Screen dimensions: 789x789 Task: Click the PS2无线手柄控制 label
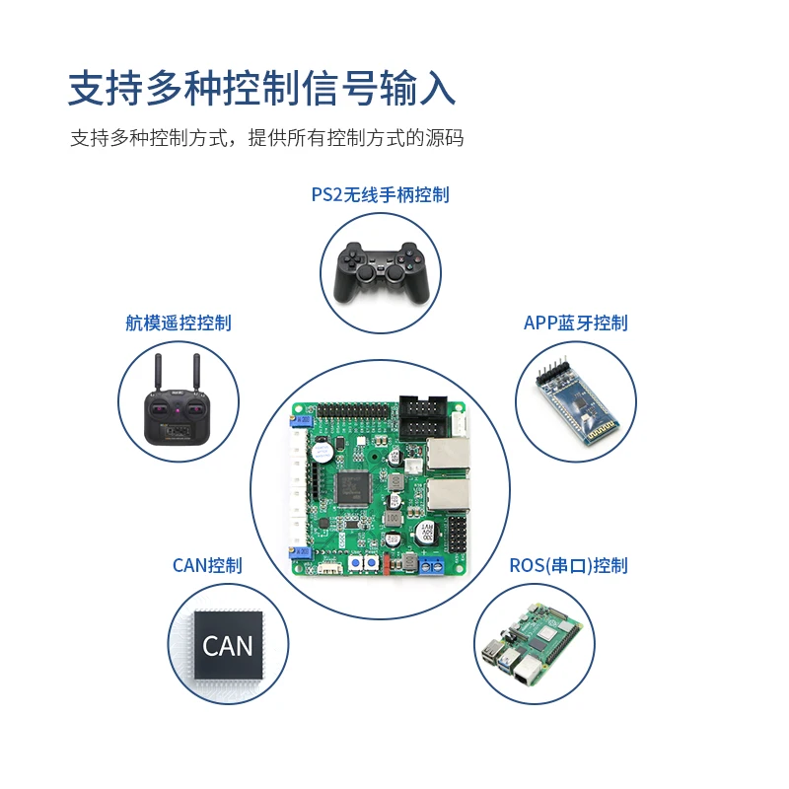point(381,194)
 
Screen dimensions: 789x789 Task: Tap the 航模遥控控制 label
point(179,323)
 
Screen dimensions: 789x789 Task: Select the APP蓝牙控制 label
point(576,323)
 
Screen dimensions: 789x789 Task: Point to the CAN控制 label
point(207,565)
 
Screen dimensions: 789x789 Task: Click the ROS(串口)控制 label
point(569,565)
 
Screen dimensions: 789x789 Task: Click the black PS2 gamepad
point(381,273)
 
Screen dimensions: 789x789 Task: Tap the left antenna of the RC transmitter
point(158,373)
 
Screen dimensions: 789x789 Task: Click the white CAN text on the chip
point(228,646)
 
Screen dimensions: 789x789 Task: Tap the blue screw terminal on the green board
point(431,565)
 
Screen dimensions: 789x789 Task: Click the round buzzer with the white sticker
point(321,451)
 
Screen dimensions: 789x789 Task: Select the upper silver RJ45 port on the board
point(448,454)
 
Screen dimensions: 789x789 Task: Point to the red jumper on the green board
point(387,563)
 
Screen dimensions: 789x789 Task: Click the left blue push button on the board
point(356,563)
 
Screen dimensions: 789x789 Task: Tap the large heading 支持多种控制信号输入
point(261,89)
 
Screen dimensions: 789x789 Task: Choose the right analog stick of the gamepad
point(395,273)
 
